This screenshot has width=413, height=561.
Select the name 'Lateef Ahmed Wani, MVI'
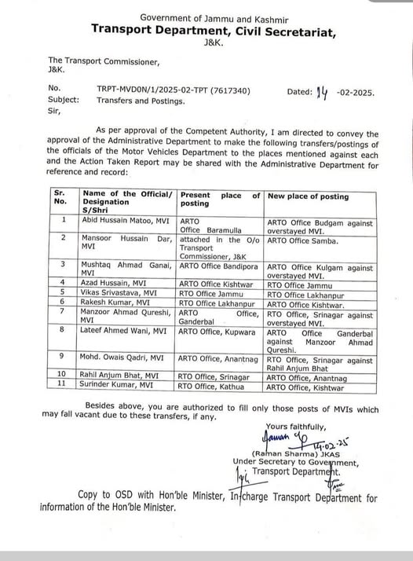(126, 332)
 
